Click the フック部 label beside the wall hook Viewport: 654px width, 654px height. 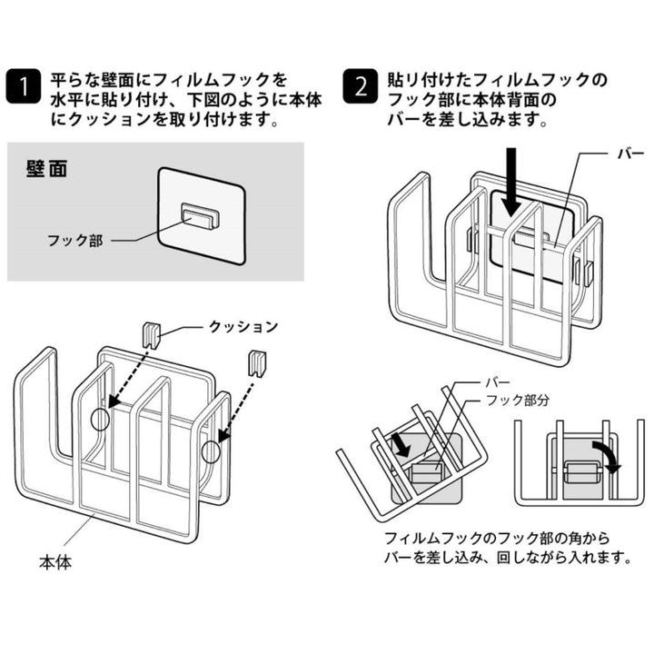tap(75, 241)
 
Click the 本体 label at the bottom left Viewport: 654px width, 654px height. tap(54, 563)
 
